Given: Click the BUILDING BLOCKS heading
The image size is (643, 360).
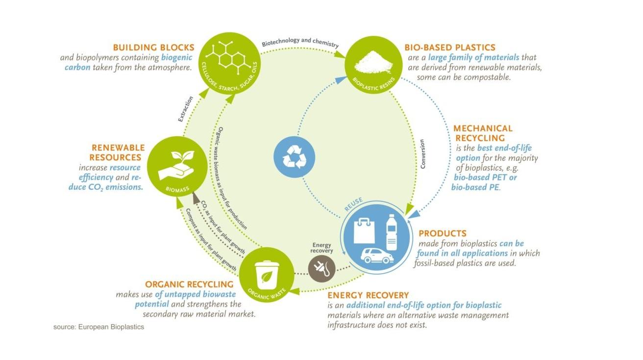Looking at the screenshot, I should click(x=154, y=48).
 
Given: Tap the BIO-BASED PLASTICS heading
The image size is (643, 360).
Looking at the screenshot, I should click(x=450, y=48).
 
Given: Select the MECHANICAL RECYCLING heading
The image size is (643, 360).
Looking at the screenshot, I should click(x=483, y=133).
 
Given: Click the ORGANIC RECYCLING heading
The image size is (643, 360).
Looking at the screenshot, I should click(x=189, y=284).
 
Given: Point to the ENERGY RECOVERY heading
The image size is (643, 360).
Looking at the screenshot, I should click(x=368, y=295).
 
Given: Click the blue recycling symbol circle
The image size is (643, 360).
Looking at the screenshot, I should click(x=293, y=156).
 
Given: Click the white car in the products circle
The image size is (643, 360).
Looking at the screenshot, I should click(x=376, y=255).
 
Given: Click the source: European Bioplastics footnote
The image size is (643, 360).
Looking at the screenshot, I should click(x=99, y=327).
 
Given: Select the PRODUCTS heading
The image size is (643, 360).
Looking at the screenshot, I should click(x=442, y=233).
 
